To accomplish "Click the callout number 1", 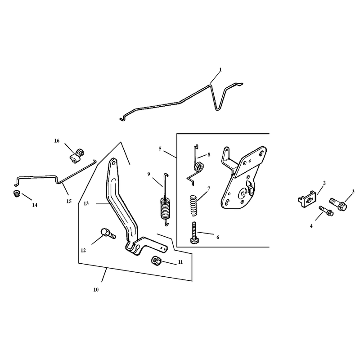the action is coord(220,69).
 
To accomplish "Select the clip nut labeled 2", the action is coord(307,199).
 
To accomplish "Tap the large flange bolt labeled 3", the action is coord(338,204).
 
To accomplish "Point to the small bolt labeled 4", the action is coord(326,211).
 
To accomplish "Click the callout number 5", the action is coord(160,149).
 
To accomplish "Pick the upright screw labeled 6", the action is coord(194,232).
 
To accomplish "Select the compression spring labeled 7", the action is coord(194,205).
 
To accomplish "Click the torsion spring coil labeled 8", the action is coord(199,167).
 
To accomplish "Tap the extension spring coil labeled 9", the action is coord(165,208).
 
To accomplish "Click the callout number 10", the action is coord(96,290).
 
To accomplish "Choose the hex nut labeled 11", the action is coord(157,261).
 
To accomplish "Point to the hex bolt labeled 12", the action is coord(108,234).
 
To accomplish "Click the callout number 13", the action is coord(86,203).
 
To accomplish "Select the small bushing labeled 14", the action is coord(16,193).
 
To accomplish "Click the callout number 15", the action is coord(69,201).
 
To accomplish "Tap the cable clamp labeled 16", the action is coord(76,156).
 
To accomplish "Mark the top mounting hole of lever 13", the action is coord(113,163).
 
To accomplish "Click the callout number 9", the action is coord(149,174).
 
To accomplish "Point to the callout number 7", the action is coord(209,189).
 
